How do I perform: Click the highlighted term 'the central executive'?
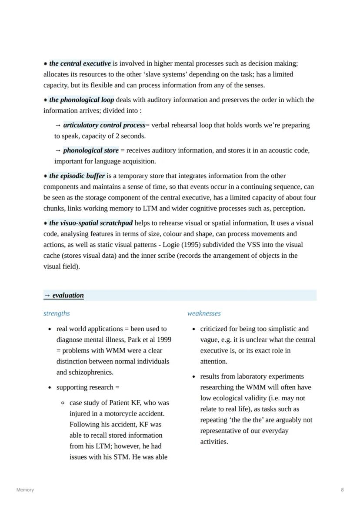pyautogui.click(x=80, y=63)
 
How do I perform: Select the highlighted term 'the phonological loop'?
pyautogui.click(x=81, y=100)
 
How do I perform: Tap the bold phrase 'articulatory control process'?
pyautogui.click(x=104, y=125)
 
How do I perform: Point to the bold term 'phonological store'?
pyautogui.click(x=90, y=150)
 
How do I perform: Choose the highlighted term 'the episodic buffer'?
pyautogui.click(x=77, y=176)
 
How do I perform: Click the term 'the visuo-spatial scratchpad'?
pyautogui.click(x=91, y=223)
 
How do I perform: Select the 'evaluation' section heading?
pyautogui.click(x=68, y=296)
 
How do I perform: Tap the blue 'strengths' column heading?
pyautogui.click(x=57, y=313)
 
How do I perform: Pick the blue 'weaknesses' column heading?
pyautogui.click(x=204, y=313)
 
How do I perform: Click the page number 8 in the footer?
pyautogui.click(x=342, y=490)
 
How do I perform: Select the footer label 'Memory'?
pyautogui.click(x=25, y=490)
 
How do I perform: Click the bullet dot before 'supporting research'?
pyautogui.click(x=50, y=388)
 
